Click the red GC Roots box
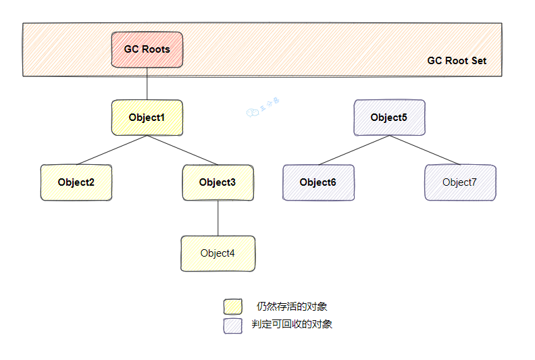(x=147, y=49)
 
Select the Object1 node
(x=147, y=118)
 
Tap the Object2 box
(x=76, y=182)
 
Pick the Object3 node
(x=218, y=182)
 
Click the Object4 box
(x=218, y=253)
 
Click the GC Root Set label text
(x=457, y=61)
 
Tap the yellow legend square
(x=232, y=307)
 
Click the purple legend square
(x=232, y=325)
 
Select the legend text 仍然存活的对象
(x=292, y=307)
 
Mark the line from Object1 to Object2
(x=111, y=150)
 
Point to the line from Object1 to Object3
(x=182, y=150)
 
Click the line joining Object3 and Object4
(x=218, y=218)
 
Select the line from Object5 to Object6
(x=353, y=150)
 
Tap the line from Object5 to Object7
(x=424, y=150)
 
